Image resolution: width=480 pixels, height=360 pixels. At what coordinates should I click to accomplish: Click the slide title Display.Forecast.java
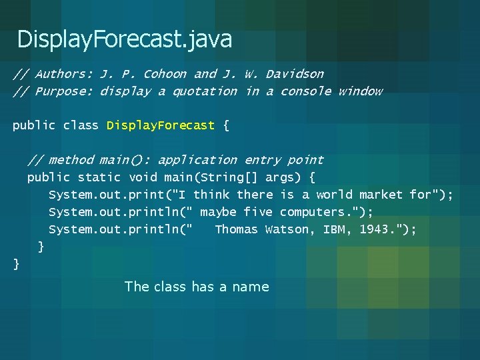125,39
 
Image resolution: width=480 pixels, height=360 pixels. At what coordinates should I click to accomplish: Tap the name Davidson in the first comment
295,74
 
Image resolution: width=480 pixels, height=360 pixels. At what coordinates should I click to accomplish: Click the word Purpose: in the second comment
63,91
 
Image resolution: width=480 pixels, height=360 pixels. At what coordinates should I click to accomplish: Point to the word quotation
205,91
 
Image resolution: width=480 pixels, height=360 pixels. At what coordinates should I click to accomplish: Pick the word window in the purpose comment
360,91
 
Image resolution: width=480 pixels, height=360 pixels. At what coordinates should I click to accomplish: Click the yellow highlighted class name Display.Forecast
161,125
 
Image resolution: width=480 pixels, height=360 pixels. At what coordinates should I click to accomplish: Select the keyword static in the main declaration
99,177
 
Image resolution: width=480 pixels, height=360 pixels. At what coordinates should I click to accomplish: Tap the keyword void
143,177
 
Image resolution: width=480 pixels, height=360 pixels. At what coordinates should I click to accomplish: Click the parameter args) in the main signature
287,177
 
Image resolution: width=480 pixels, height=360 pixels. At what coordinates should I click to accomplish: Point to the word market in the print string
381,195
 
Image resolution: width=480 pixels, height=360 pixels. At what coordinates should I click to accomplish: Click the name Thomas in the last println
236,229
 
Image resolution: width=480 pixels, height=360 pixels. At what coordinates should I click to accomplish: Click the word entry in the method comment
262,160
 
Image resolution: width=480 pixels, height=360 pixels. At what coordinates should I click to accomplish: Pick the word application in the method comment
197,160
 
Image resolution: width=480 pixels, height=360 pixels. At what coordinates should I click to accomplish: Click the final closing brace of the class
17,264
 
